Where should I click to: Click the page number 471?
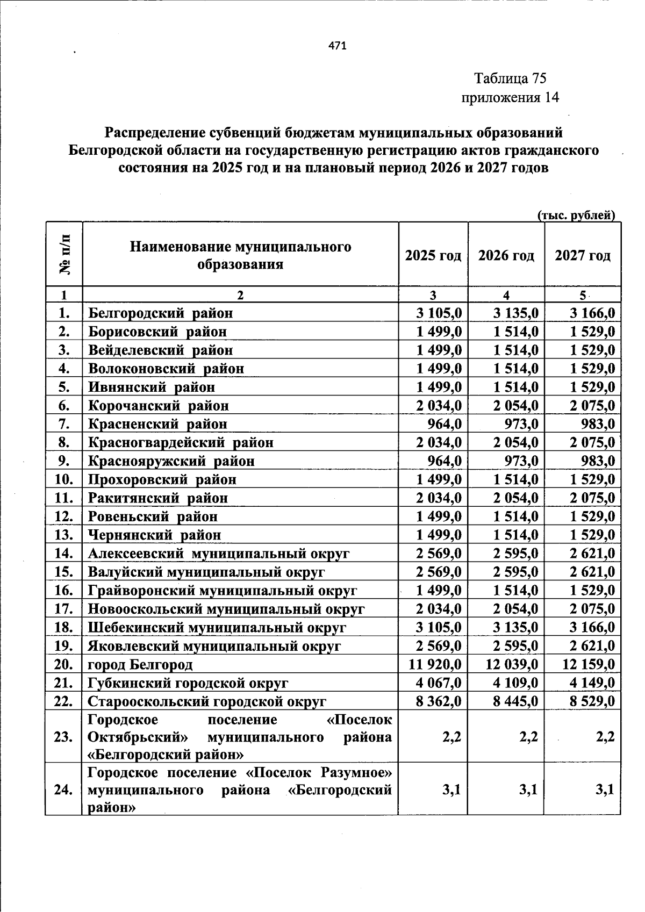(x=338, y=46)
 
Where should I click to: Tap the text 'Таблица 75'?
(x=510, y=78)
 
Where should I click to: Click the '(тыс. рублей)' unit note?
(x=576, y=216)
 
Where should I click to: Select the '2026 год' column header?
(x=506, y=255)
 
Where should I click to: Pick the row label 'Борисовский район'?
(x=157, y=332)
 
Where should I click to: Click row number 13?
(x=64, y=535)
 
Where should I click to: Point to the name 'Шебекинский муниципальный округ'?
(x=217, y=628)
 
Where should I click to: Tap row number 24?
(x=64, y=790)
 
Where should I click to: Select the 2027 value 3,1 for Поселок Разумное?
(x=605, y=790)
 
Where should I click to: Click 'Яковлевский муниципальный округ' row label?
(x=214, y=646)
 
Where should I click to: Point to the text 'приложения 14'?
(x=510, y=97)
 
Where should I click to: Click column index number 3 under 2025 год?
(x=433, y=295)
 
